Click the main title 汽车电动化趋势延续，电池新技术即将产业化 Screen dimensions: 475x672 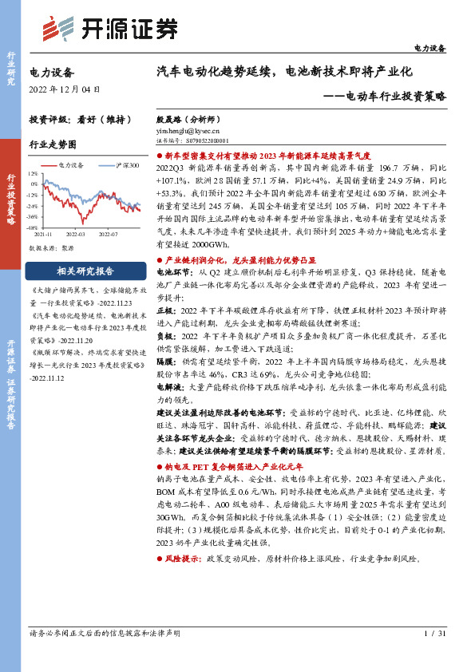pos(283,72)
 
